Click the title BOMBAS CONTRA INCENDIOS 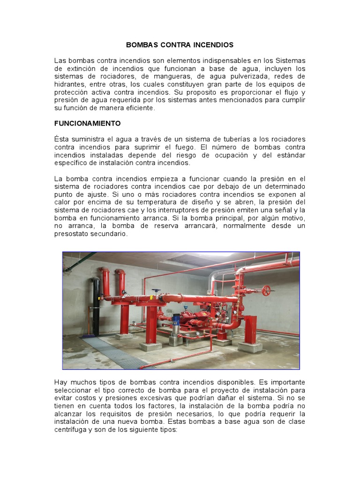click(x=180, y=45)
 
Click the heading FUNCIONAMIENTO click(x=88, y=123)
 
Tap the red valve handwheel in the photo click(x=267, y=290)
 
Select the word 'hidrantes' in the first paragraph click(x=70, y=84)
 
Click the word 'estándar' click(x=289, y=155)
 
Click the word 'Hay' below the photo click(x=61, y=382)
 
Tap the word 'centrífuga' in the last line click(x=72, y=430)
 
